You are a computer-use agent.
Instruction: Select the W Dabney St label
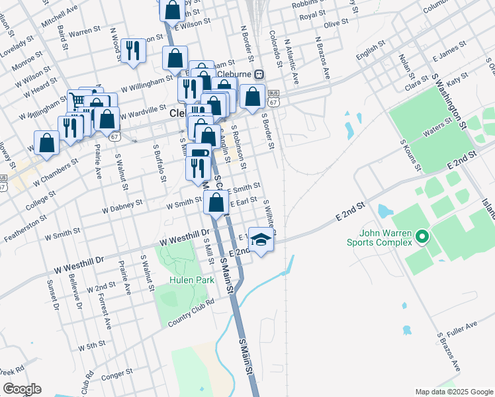point(122,206)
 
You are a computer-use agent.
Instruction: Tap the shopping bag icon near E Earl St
point(216,202)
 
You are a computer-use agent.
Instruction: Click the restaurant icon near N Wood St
point(134,50)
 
